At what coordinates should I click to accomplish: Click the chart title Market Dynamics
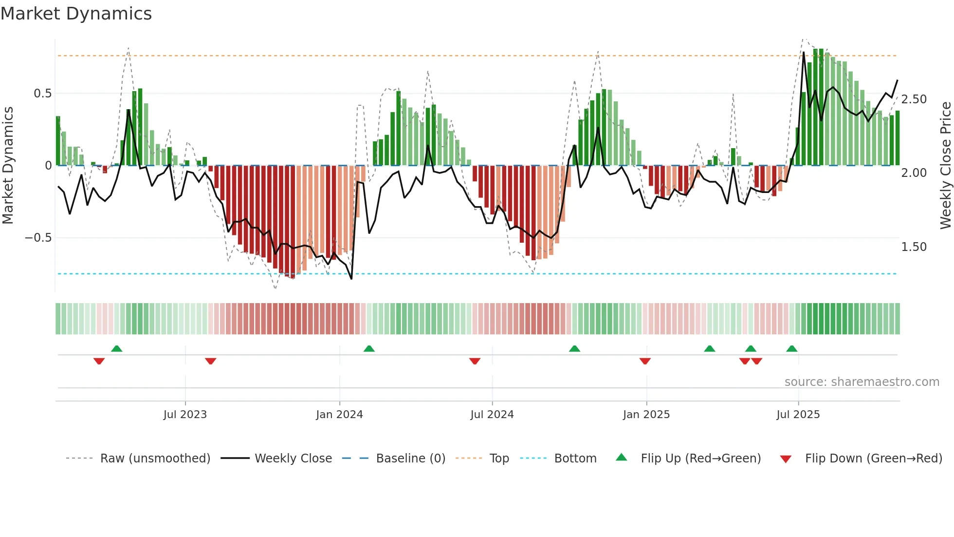click(76, 14)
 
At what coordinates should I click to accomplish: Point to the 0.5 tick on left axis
click(42, 94)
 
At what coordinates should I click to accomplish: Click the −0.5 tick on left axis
click(38, 238)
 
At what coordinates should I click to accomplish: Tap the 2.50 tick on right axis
click(914, 99)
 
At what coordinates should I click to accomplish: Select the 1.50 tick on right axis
click(914, 247)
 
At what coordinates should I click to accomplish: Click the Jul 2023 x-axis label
click(185, 415)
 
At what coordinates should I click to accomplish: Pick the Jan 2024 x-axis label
click(339, 415)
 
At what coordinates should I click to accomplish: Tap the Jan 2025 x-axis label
click(646, 415)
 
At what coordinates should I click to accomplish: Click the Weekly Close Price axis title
click(945, 166)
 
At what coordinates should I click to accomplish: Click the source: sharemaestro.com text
click(862, 382)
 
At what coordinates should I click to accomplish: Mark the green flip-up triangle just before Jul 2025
click(792, 349)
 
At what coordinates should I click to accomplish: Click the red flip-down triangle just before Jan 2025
click(645, 361)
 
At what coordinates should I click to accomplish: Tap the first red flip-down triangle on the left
click(99, 361)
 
